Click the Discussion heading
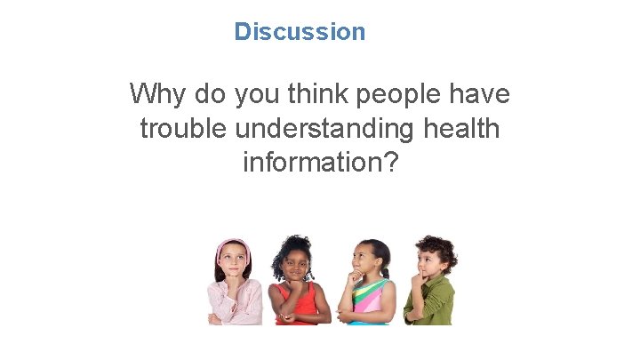300,32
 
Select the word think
312,93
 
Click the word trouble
183,129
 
